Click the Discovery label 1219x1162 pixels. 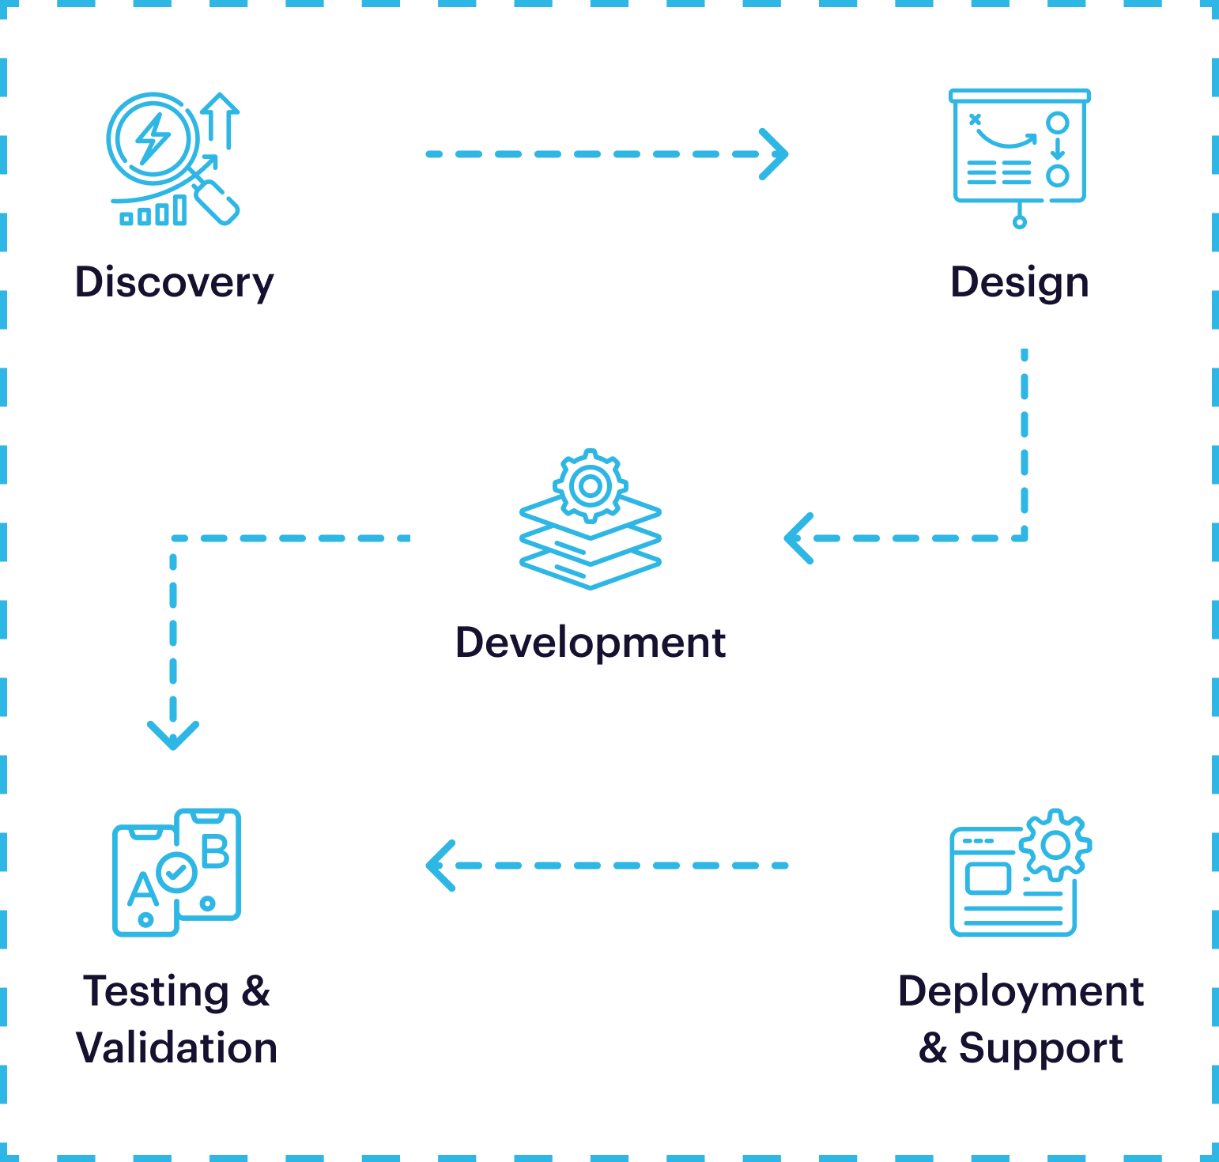point(174,283)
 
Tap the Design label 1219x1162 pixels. point(1019,283)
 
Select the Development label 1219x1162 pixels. point(590,642)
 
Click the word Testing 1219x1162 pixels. point(157,991)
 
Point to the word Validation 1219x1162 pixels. point(176,1048)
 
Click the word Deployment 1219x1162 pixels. point(1021,991)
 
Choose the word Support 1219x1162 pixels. point(1040,1048)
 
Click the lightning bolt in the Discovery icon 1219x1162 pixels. point(152,139)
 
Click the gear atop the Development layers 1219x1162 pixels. point(590,485)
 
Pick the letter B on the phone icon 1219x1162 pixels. point(215,852)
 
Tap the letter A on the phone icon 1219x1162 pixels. point(142,889)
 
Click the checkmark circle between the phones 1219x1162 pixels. point(176,873)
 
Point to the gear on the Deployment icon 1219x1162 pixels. point(1055,845)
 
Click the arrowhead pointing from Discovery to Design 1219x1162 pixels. point(775,154)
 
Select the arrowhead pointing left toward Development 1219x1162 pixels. point(798,538)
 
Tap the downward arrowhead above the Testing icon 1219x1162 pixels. point(173,735)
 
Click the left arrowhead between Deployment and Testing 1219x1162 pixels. point(440,866)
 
